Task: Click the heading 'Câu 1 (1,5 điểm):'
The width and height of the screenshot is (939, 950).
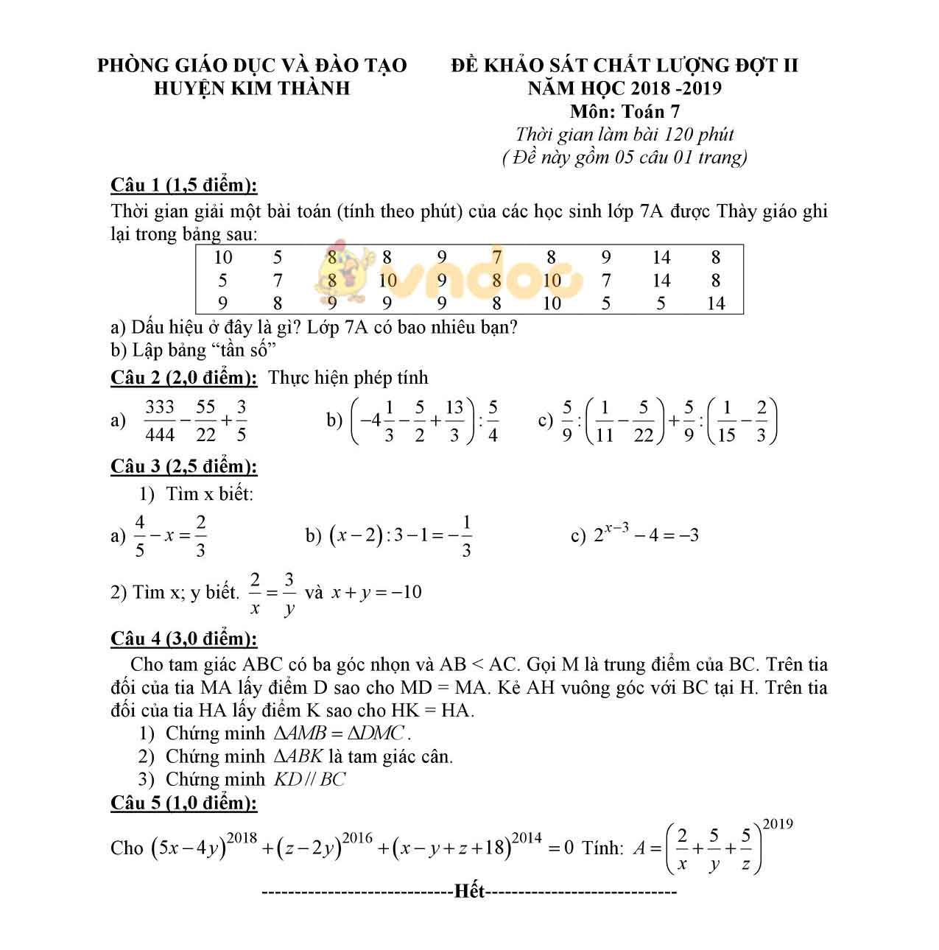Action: pyautogui.click(x=183, y=185)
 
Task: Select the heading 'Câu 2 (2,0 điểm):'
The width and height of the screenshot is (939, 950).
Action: pyautogui.click(x=183, y=378)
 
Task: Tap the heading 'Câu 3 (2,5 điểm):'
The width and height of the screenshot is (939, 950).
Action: pyautogui.click(x=183, y=466)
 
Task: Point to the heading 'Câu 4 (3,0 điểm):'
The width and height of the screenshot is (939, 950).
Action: pyautogui.click(x=183, y=638)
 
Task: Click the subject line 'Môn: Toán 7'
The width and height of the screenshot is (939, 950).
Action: pyautogui.click(x=625, y=111)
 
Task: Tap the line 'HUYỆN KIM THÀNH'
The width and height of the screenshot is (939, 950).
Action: pyautogui.click(x=252, y=88)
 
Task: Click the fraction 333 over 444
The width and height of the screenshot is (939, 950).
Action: pyautogui.click(x=160, y=421)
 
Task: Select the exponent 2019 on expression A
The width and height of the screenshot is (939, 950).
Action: pyautogui.click(x=778, y=823)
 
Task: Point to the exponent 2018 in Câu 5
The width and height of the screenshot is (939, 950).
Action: pyautogui.click(x=242, y=838)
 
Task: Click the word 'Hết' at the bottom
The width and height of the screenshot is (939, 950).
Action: pyautogui.click(x=470, y=892)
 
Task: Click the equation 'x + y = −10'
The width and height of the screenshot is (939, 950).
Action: pyautogui.click(x=376, y=592)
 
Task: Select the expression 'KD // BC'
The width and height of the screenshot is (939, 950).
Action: pyautogui.click(x=309, y=779)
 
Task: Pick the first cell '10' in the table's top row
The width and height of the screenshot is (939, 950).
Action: pyautogui.click(x=222, y=257)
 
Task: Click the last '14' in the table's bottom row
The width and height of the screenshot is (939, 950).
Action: pyautogui.click(x=715, y=303)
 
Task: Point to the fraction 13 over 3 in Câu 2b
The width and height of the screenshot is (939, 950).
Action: pyautogui.click(x=454, y=421)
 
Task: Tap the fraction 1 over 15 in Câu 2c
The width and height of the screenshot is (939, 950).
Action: pyautogui.click(x=725, y=421)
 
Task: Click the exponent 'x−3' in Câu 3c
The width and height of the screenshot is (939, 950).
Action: pyautogui.click(x=616, y=527)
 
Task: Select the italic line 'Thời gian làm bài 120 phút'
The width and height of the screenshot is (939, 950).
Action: pyautogui.click(x=625, y=134)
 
